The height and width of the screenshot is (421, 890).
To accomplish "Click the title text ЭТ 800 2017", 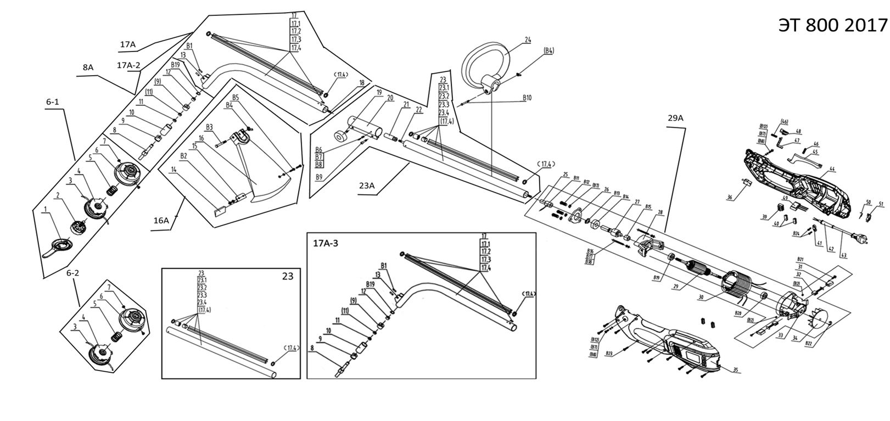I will pos(832,25).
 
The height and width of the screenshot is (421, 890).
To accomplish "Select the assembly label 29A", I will pos(675,118).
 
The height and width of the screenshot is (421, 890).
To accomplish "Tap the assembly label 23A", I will pos(367,186).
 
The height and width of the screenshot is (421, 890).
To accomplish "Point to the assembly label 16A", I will pos(161,220).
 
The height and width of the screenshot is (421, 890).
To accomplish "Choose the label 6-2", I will pos(72,273).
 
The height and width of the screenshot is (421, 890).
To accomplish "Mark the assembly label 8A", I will pos(88,67).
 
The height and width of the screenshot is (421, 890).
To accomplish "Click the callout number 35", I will pos(736,370).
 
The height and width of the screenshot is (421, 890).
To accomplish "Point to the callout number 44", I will pos(832,169).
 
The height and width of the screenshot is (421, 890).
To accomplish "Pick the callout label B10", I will pos(527,99).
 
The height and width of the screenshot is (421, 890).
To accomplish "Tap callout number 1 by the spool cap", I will pos(44,209).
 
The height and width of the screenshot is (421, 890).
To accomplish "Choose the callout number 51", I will pos(881,204).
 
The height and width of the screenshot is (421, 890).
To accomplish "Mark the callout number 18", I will pos(361,83).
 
